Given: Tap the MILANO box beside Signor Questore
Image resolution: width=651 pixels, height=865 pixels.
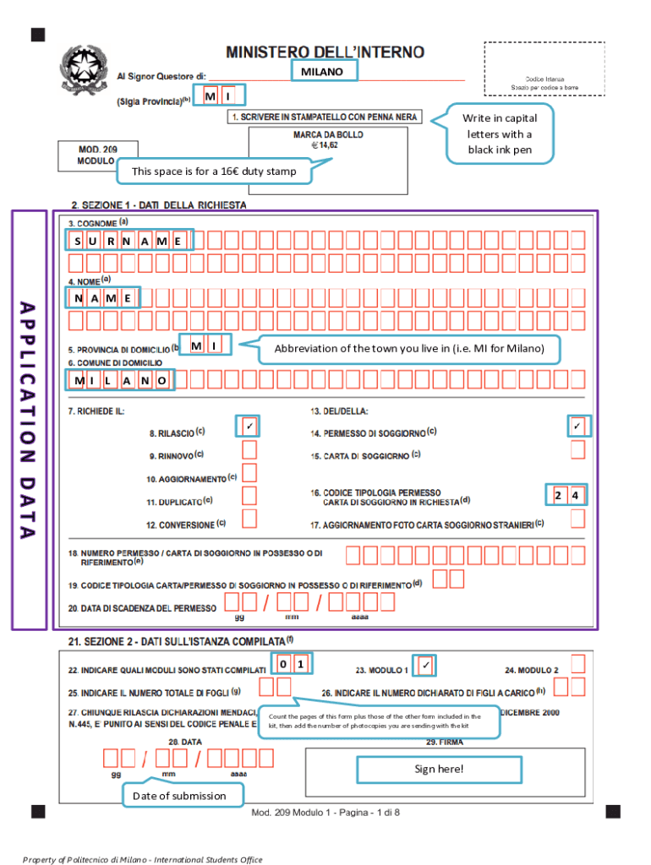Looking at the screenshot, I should [x=322, y=72].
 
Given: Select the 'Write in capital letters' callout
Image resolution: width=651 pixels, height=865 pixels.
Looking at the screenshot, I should [x=499, y=134].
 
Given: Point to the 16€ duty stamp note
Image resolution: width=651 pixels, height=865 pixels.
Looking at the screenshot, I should [x=214, y=172].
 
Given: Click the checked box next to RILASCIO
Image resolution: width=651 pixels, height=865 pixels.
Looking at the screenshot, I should [x=249, y=426].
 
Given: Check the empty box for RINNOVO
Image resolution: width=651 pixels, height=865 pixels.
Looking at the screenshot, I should [x=249, y=449].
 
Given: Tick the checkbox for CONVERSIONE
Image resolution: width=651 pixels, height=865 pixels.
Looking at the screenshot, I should [x=249, y=517].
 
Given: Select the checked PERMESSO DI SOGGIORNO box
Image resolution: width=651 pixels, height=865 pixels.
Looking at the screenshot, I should [x=577, y=426].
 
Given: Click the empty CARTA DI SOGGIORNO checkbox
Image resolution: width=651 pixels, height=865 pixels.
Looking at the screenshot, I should [x=577, y=449].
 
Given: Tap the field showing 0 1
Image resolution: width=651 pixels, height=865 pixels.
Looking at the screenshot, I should [x=292, y=665].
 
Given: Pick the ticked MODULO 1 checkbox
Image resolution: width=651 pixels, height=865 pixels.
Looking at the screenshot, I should [x=425, y=666].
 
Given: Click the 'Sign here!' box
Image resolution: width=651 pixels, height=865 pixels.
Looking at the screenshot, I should [x=439, y=769].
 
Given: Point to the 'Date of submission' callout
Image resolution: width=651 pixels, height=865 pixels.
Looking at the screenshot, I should [x=179, y=795].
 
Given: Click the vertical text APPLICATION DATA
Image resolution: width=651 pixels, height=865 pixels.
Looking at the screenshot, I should [x=29, y=420].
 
